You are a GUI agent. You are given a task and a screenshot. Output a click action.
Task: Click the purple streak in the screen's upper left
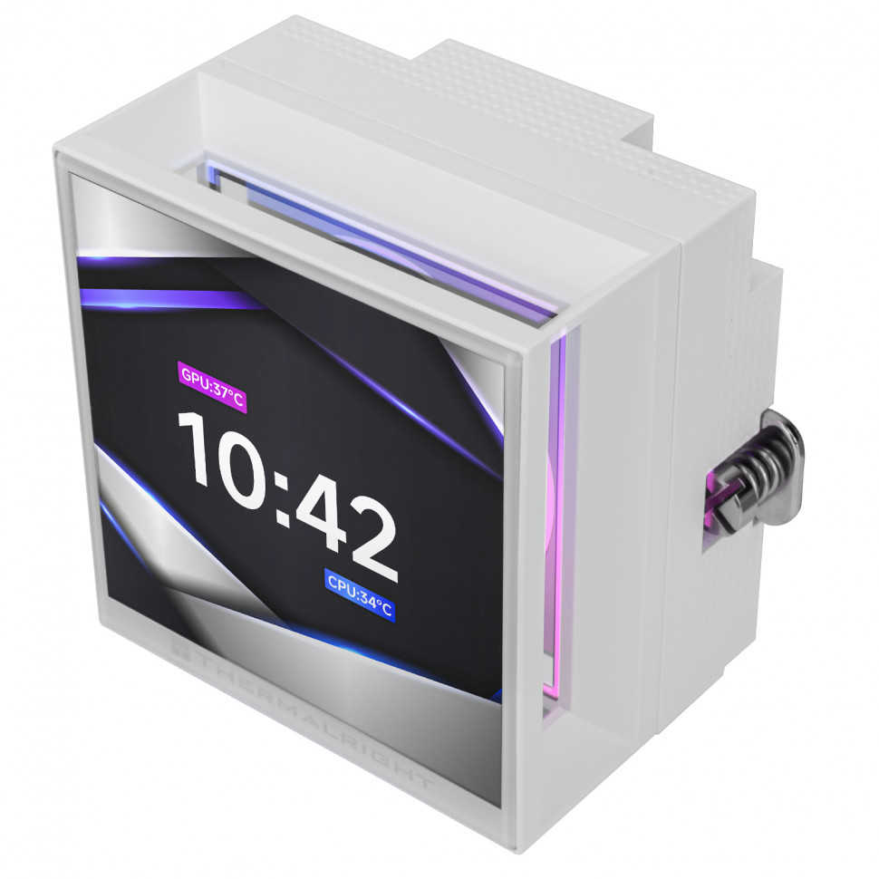coord(163,299)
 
